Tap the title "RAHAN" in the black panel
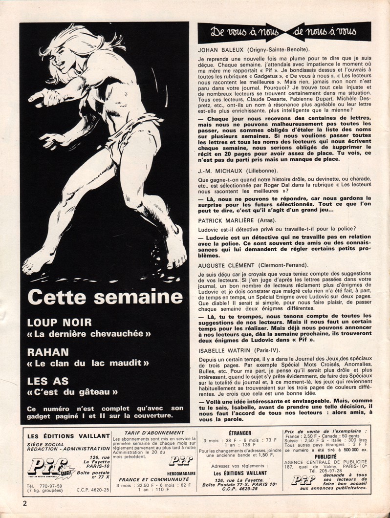(x=48, y=352)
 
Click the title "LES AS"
(x=48, y=380)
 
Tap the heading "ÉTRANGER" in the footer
(x=239, y=432)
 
